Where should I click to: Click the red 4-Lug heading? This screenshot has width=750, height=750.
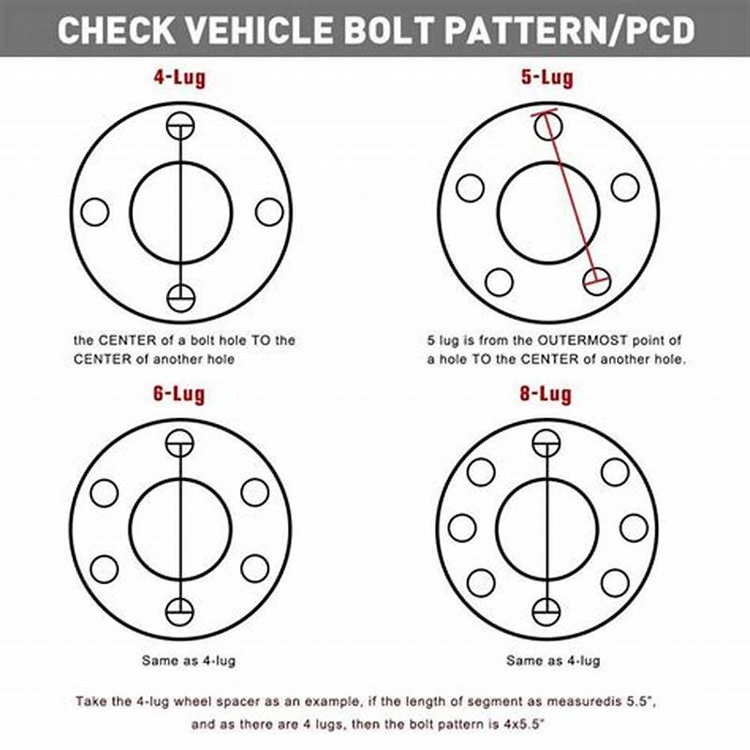[x=180, y=79]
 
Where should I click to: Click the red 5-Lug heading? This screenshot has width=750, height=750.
[x=547, y=79]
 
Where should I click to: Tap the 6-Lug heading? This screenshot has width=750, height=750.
[x=179, y=395]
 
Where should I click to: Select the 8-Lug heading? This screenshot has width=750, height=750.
[x=546, y=395]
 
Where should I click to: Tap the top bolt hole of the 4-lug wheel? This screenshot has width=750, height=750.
[x=180, y=127]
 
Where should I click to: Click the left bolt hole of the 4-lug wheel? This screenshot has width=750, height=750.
[x=95, y=212]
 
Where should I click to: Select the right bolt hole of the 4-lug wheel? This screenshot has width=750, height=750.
[x=269, y=212]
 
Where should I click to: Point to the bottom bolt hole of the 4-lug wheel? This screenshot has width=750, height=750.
[x=180, y=297]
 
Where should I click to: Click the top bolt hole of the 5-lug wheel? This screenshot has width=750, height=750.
[x=548, y=127]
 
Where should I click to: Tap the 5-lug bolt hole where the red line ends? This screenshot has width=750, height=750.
[x=597, y=279]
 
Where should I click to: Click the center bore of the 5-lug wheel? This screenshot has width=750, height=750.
[x=548, y=212]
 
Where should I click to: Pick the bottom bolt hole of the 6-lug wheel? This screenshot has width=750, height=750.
[x=180, y=611]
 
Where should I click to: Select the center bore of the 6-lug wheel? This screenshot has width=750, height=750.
[x=180, y=528]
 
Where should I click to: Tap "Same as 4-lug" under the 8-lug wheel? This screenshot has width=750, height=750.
[x=553, y=661]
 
